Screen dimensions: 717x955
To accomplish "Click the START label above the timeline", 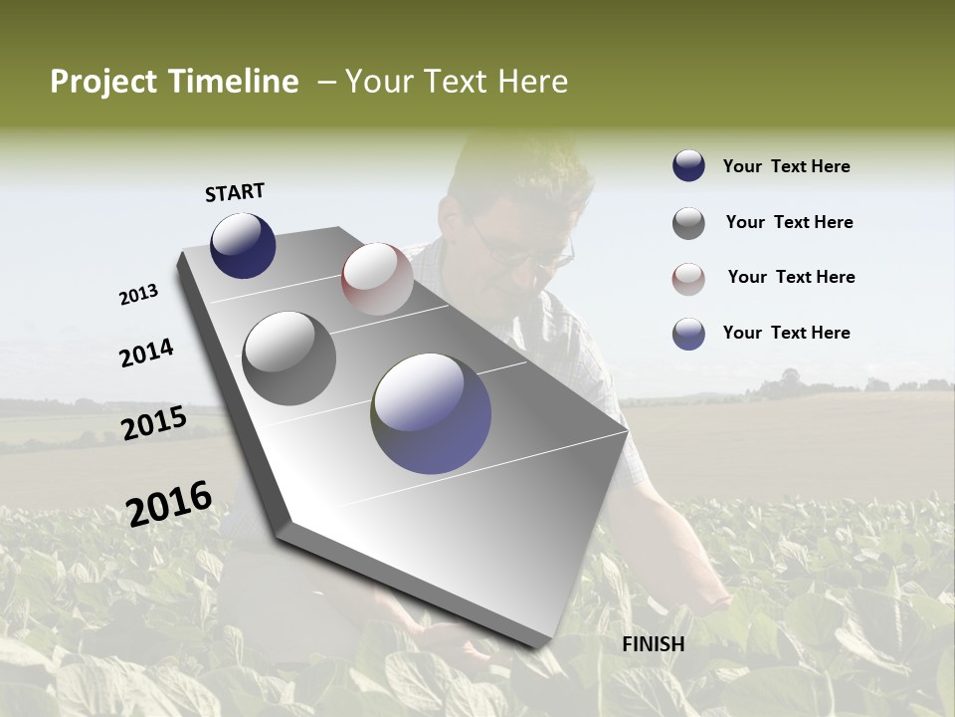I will pyautogui.click(x=235, y=192).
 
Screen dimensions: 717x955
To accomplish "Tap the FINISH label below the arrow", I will pyautogui.click(x=653, y=644).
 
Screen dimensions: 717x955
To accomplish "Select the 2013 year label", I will pyautogui.click(x=138, y=295).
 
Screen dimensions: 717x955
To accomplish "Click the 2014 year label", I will pyautogui.click(x=146, y=353).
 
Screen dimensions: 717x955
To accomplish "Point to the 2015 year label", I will pyautogui.click(x=153, y=422).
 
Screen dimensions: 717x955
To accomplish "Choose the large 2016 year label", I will pyautogui.click(x=169, y=503).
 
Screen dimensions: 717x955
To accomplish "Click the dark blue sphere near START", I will pyautogui.click(x=243, y=245).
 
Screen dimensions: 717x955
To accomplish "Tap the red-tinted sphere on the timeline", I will pyautogui.click(x=376, y=279).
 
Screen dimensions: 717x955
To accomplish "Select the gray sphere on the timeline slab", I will pyautogui.click(x=288, y=358).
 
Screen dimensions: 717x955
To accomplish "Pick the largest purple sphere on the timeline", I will pyautogui.click(x=431, y=413).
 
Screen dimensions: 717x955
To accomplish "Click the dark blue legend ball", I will pyautogui.click(x=688, y=166).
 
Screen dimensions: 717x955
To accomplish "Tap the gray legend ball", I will pyautogui.click(x=688, y=223).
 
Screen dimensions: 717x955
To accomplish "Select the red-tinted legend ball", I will pyautogui.click(x=688, y=279).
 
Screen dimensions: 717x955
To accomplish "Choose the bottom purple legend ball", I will pyautogui.click(x=688, y=334).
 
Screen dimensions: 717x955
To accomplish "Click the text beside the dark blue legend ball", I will pyautogui.click(x=786, y=166).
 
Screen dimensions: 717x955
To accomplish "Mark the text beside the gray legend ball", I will pyautogui.click(x=789, y=222).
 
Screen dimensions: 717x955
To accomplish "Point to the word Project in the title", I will pyautogui.click(x=102, y=82).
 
